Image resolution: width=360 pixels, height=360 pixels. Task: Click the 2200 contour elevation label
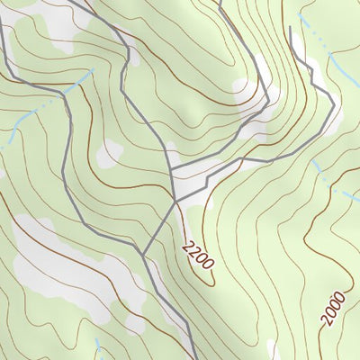(198, 255)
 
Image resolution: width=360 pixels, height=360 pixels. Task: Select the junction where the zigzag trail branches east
(171, 170)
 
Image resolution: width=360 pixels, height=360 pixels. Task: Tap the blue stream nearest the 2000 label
(333, 180)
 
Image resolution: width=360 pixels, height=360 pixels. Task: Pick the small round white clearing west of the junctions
(109, 153)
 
